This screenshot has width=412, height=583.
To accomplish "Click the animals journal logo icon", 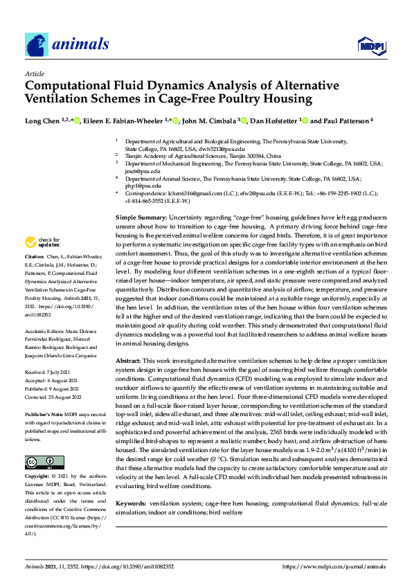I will coord(37,44).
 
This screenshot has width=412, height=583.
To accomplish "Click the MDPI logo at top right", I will coord(370,46).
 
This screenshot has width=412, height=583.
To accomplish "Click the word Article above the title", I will coord(34,73).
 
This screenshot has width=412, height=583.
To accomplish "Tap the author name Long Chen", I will coord(42,121).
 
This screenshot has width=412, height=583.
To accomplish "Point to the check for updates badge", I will coord(42,242).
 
